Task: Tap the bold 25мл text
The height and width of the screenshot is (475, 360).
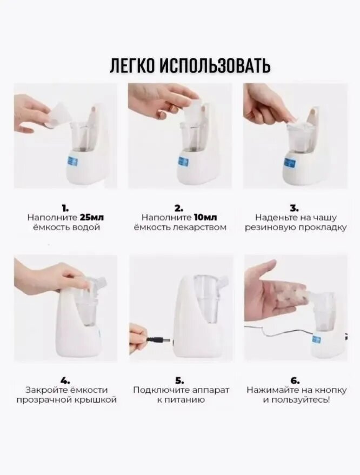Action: coord(92,218)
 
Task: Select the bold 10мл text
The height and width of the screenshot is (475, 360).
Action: coord(205,218)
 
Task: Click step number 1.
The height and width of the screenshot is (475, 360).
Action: coord(65,208)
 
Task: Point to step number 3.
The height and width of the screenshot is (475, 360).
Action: coord(295,208)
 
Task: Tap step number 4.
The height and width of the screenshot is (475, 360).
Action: coord(66,380)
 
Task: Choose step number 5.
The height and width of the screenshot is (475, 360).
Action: coord(179,380)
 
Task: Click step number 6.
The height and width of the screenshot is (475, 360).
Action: coord(296,380)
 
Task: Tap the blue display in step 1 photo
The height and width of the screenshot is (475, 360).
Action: coord(74,162)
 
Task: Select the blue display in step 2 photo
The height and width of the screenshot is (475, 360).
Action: coord(183,162)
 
